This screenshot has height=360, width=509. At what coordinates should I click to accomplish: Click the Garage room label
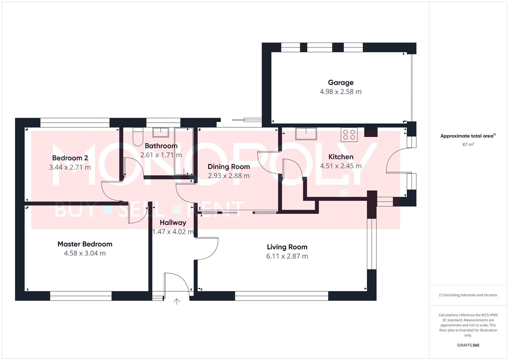click(x=340, y=82)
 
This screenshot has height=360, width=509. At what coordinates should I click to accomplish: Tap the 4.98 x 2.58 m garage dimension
click(x=340, y=92)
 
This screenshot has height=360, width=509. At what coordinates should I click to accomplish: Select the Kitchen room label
click(x=340, y=157)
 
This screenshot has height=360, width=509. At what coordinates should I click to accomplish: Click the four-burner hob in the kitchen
click(x=349, y=135)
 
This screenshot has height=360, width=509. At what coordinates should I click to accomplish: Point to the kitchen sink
click(x=306, y=133)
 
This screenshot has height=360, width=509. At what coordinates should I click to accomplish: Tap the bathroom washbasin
click(x=161, y=132)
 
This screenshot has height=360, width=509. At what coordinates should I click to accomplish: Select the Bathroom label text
click(x=161, y=146)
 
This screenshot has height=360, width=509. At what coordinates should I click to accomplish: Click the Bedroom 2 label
click(x=70, y=158)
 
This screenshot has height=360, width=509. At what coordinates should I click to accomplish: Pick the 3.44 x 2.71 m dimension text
click(x=70, y=167)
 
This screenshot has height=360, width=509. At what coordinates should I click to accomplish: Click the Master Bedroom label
click(x=85, y=244)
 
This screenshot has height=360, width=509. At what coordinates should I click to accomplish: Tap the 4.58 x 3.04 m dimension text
click(x=85, y=253)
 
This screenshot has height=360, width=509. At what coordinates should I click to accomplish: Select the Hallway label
click(x=173, y=222)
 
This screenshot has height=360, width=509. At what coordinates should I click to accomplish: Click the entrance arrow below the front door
click(x=177, y=302)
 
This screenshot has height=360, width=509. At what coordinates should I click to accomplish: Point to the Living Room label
click(x=287, y=247)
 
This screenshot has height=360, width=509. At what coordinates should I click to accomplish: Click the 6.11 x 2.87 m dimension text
click(x=287, y=256)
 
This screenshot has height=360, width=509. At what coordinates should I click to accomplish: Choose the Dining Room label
click(x=229, y=167)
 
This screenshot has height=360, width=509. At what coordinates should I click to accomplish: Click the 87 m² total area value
click(x=468, y=145)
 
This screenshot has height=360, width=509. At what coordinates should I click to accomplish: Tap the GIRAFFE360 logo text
click(x=468, y=345)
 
